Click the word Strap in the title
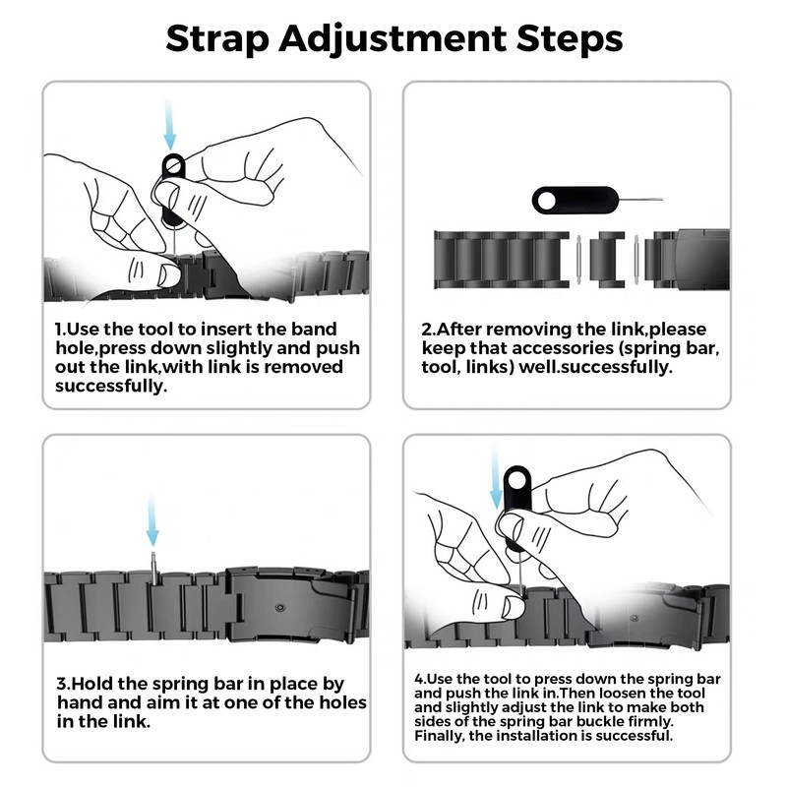pyautogui.click(x=216, y=39)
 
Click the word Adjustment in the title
pyautogui.click(x=393, y=39)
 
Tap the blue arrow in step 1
pyautogui.click(x=170, y=126)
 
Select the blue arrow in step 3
pyautogui.click(x=152, y=522)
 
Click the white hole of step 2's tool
pyautogui.click(x=547, y=201)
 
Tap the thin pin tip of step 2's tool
pyautogui.click(x=661, y=200)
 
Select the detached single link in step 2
pyautogui.click(x=607, y=260)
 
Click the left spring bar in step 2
pyautogui.click(x=578, y=260)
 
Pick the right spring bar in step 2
pyautogui.click(x=636, y=260)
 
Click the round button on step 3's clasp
pyautogui.click(x=280, y=608)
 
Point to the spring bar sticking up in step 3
pyautogui.click(x=153, y=568)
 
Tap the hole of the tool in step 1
pyautogui.click(x=173, y=165)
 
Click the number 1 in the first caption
pyautogui.click(x=59, y=330)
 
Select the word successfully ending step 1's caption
pyautogui.click(x=111, y=387)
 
